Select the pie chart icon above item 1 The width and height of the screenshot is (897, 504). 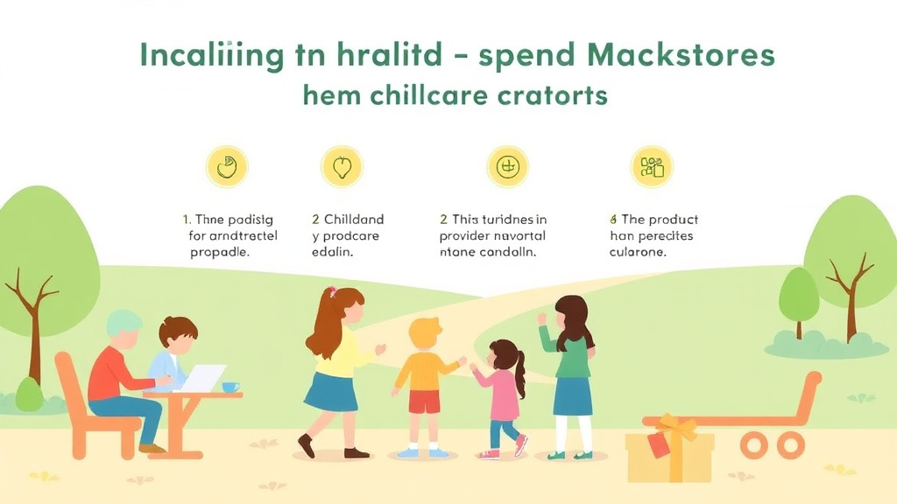click(x=227, y=166)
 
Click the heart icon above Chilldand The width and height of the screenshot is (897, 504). click(x=343, y=166)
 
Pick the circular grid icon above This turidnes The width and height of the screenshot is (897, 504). click(x=508, y=166)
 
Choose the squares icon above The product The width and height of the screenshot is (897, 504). click(x=653, y=166)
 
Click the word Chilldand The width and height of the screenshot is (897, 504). click(x=354, y=220)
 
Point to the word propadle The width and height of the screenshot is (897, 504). click(x=220, y=252)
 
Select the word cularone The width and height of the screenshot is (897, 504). click(x=638, y=252)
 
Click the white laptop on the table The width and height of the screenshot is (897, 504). click(x=201, y=378)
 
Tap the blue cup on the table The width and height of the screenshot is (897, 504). click(x=230, y=387)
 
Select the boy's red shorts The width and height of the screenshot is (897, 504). click(x=424, y=402)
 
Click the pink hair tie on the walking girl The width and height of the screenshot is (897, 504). click(x=332, y=291)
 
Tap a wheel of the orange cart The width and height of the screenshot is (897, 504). click(x=753, y=445)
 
